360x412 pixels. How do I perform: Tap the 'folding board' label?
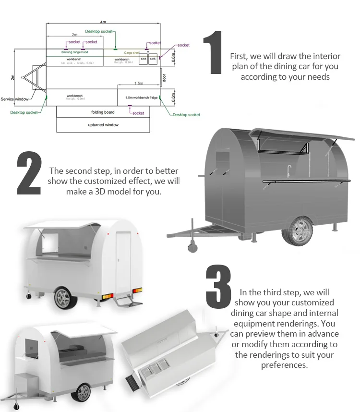pyautogui.click(x=103, y=112)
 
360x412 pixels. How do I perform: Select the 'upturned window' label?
pyautogui.click(x=103, y=125)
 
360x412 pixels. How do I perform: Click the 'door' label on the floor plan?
pyautogui.click(x=164, y=78)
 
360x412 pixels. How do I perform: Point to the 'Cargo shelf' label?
pyautogui.click(x=132, y=53)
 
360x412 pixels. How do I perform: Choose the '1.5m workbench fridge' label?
pyautogui.click(x=141, y=97)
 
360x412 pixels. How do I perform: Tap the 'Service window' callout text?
pyautogui.click(x=14, y=99)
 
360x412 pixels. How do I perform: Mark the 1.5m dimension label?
pyautogui.click(x=138, y=84)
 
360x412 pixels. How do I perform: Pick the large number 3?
pyautogui.click(x=218, y=286)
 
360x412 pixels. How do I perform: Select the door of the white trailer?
pyautogui.click(x=123, y=261)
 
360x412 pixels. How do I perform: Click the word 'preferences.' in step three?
pyautogui.click(x=284, y=365)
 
